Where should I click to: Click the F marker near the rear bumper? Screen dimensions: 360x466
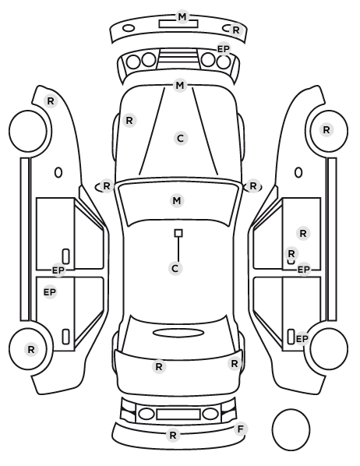240,429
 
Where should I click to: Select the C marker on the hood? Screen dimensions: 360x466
181,139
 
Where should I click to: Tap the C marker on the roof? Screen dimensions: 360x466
175,268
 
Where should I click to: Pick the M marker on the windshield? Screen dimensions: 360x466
177,200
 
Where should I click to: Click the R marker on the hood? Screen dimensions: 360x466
129,121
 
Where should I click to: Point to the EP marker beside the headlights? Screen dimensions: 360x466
224,49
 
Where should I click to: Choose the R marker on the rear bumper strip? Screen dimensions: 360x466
173,436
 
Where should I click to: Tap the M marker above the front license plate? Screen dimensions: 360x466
182,16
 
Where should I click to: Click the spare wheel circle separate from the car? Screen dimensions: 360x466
291,429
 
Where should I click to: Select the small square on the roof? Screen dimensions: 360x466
178,233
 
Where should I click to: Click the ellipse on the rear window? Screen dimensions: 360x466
178,333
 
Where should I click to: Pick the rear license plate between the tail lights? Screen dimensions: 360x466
178,414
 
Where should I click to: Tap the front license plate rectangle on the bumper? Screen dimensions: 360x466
178,24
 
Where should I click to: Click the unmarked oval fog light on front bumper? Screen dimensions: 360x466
129,29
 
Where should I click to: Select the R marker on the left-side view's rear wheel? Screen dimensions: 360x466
31,349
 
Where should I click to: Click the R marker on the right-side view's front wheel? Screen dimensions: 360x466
326,130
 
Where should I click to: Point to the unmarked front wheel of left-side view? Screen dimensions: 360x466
28,131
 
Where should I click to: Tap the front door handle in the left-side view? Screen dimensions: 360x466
65,256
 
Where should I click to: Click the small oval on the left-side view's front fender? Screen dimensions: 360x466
58,172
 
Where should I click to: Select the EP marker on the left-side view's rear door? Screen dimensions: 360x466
50,292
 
